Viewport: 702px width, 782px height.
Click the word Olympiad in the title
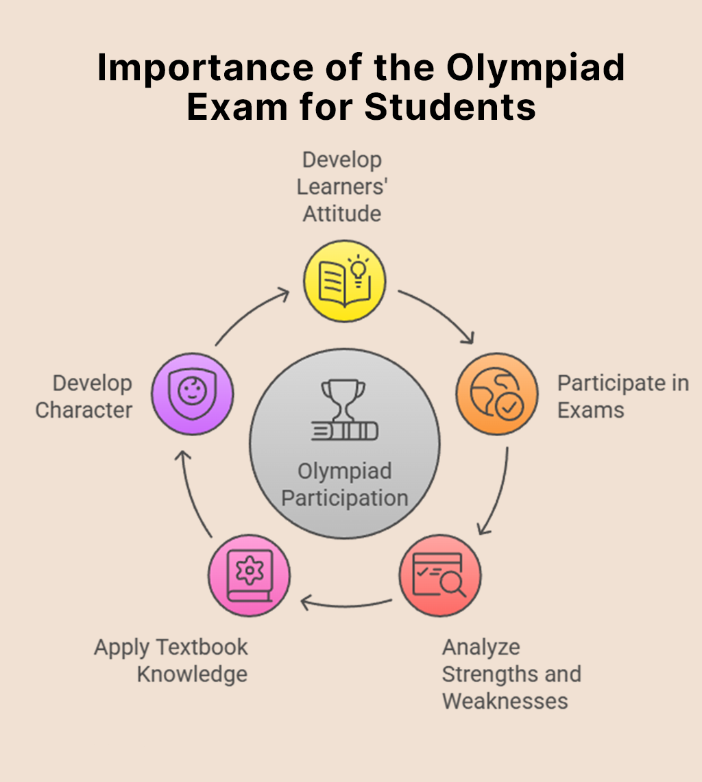535,68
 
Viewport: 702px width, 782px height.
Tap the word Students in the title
450,107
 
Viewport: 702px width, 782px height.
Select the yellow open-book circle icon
345,281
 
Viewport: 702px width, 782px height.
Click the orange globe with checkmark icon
497,394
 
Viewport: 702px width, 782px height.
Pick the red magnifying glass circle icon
440,575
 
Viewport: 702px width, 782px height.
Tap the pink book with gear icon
249,575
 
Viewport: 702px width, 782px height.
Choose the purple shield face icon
192,394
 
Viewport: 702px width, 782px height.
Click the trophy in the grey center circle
343,400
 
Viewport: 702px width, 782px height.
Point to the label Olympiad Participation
345,485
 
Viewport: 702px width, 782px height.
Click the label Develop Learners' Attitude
343,187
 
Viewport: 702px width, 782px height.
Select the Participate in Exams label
623,396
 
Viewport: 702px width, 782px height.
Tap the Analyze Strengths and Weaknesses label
512,674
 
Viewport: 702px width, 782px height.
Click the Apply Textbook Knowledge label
171,661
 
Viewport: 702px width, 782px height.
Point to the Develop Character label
84,396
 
